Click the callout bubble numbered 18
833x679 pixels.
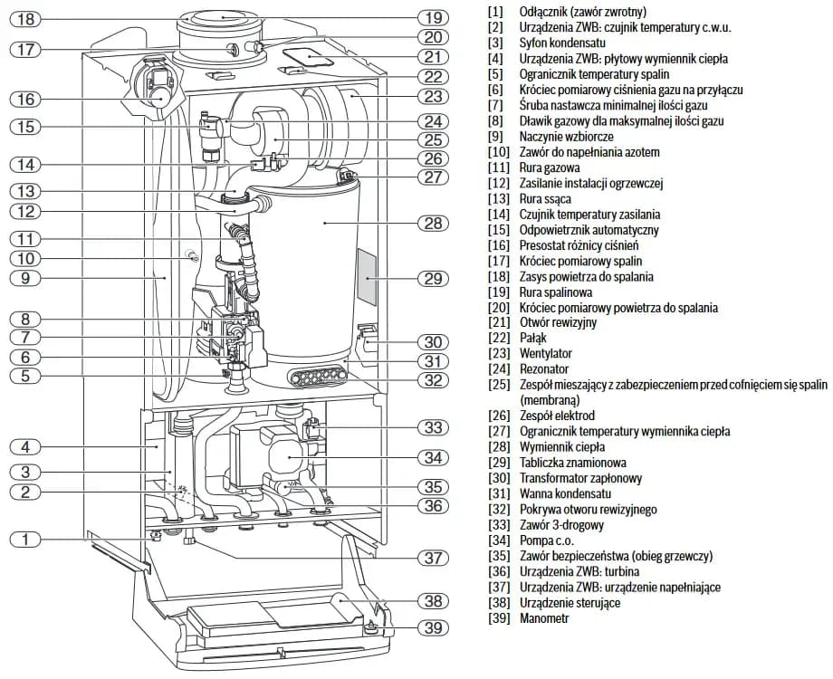click(x=26, y=18)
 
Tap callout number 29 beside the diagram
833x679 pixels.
click(x=433, y=277)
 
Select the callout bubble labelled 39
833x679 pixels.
click(x=433, y=626)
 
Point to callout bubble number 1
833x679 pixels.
click(x=26, y=540)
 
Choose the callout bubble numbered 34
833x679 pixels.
click(x=433, y=457)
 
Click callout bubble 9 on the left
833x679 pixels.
click(x=26, y=278)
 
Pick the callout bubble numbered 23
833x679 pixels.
click(x=433, y=97)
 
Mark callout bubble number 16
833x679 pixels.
click(x=26, y=100)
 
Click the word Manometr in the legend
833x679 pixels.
click(x=544, y=618)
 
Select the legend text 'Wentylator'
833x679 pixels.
click(x=545, y=353)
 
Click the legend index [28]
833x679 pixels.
click(x=496, y=447)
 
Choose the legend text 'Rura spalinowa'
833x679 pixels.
click(x=556, y=292)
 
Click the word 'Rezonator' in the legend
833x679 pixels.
click(x=543, y=369)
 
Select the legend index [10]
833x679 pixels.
click(x=496, y=152)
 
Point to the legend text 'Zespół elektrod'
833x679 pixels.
click(x=556, y=416)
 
